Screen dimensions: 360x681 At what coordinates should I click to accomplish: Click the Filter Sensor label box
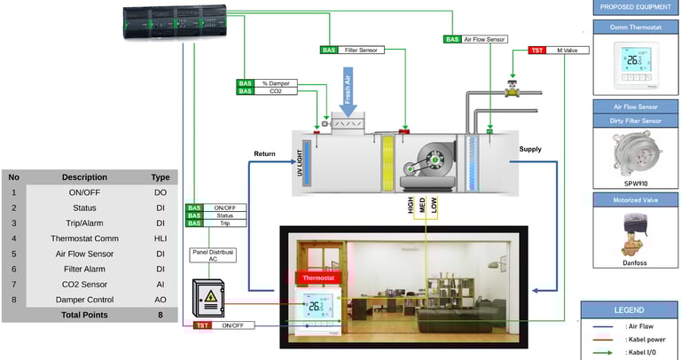click(361, 51)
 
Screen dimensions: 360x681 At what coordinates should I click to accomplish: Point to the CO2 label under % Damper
click(276, 91)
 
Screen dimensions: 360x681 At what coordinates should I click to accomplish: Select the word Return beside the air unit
click(265, 154)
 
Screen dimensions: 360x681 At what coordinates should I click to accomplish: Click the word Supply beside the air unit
click(530, 150)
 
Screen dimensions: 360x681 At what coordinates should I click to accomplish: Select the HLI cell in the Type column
click(160, 238)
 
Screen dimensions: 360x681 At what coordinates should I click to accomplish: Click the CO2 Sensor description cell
click(88, 285)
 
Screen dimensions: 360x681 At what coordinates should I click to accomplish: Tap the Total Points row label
click(88, 315)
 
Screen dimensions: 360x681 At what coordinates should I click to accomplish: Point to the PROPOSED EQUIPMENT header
click(634, 8)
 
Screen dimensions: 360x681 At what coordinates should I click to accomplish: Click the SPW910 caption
click(633, 184)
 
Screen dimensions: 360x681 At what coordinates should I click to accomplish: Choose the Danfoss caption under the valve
click(633, 262)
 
